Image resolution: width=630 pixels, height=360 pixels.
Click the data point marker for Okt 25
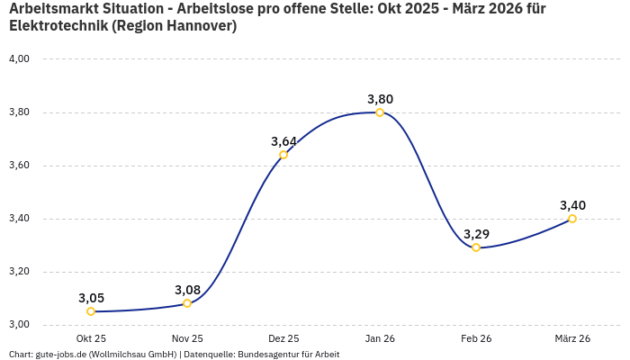point(91,311)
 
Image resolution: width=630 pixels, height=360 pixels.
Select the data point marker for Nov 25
point(187,303)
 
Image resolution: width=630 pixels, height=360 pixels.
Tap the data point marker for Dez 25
point(283,155)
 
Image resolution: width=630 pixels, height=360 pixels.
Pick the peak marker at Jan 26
point(380,112)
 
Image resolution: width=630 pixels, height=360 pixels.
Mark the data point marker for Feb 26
point(476,247)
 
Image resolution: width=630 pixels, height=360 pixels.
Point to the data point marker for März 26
point(572,219)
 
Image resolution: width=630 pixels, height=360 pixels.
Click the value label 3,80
point(380,99)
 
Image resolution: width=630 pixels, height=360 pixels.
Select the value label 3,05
point(91,298)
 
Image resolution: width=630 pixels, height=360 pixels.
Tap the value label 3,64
point(283,141)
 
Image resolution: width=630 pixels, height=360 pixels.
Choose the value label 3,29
point(476,234)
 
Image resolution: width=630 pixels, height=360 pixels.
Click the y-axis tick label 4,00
point(19,59)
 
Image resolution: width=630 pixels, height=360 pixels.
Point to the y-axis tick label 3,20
point(19,272)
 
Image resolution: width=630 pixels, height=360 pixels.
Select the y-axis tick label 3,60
point(19,166)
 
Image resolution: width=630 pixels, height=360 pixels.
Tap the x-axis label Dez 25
point(283,338)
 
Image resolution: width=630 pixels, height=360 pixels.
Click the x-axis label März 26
point(572,338)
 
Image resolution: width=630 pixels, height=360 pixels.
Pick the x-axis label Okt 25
point(91,338)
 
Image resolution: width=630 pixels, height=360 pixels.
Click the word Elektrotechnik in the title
point(54,26)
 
